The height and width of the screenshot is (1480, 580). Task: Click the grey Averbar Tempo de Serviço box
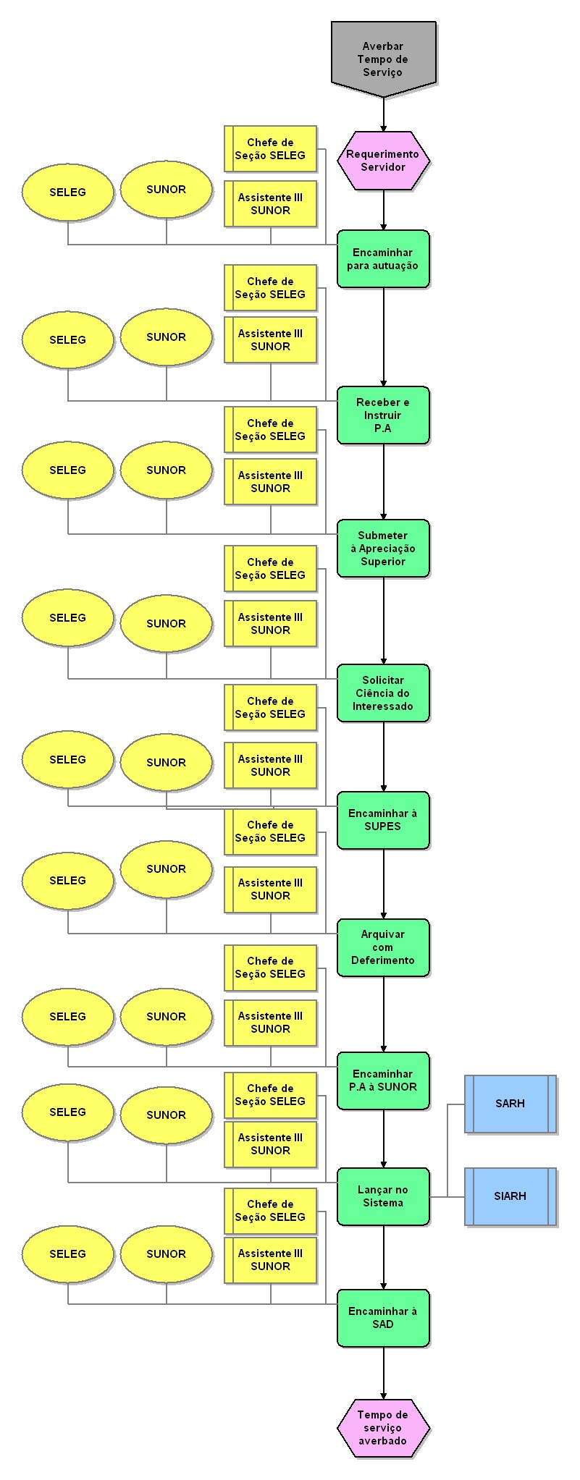(383, 58)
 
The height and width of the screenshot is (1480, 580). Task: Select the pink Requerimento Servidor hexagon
(383, 161)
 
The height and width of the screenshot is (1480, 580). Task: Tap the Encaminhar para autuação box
(383, 259)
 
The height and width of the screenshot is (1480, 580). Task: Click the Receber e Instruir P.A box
(383, 415)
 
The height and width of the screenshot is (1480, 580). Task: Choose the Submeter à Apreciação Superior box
(383, 549)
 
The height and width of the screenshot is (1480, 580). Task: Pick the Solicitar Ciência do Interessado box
(383, 693)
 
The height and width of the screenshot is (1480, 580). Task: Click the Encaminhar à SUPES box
(383, 820)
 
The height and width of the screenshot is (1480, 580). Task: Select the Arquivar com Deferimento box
(383, 947)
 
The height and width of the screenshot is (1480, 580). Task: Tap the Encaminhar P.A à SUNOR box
(383, 1081)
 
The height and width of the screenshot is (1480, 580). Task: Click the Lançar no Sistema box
(383, 1196)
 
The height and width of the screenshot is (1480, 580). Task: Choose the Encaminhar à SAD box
(383, 1318)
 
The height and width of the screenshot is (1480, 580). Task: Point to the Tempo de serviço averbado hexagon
(383, 1428)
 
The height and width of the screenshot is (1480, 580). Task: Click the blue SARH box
(510, 1104)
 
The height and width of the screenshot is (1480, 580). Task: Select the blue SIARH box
(510, 1196)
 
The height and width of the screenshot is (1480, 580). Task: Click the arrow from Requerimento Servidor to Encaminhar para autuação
(384, 211)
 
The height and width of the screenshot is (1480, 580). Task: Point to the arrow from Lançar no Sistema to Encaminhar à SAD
(384, 1257)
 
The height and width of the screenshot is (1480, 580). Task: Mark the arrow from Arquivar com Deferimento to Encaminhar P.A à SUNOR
(384, 1014)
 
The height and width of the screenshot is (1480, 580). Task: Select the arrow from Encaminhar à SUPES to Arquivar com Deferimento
(384, 884)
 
